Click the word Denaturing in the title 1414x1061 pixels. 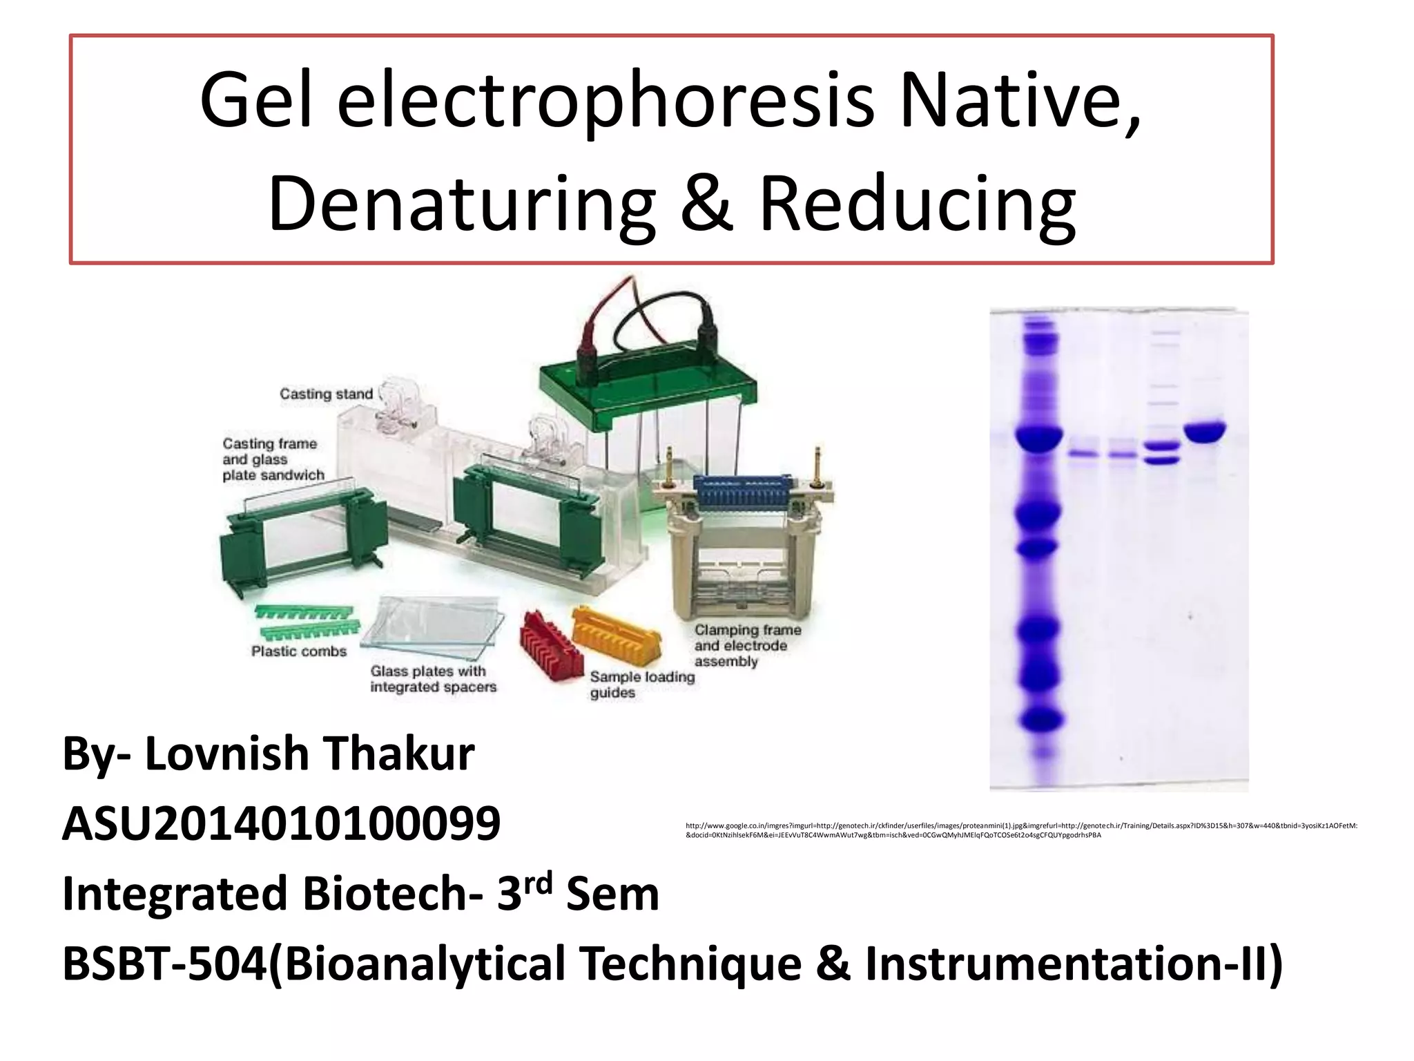pos(461,204)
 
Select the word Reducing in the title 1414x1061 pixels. pos(918,204)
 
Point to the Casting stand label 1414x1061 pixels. pos(326,394)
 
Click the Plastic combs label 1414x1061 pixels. pos(298,651)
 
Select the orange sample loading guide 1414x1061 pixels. pos(617,634)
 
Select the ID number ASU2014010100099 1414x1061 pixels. pos(281,823)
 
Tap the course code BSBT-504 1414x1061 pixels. pos(164,964)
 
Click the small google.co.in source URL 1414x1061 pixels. pos(1020,830)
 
